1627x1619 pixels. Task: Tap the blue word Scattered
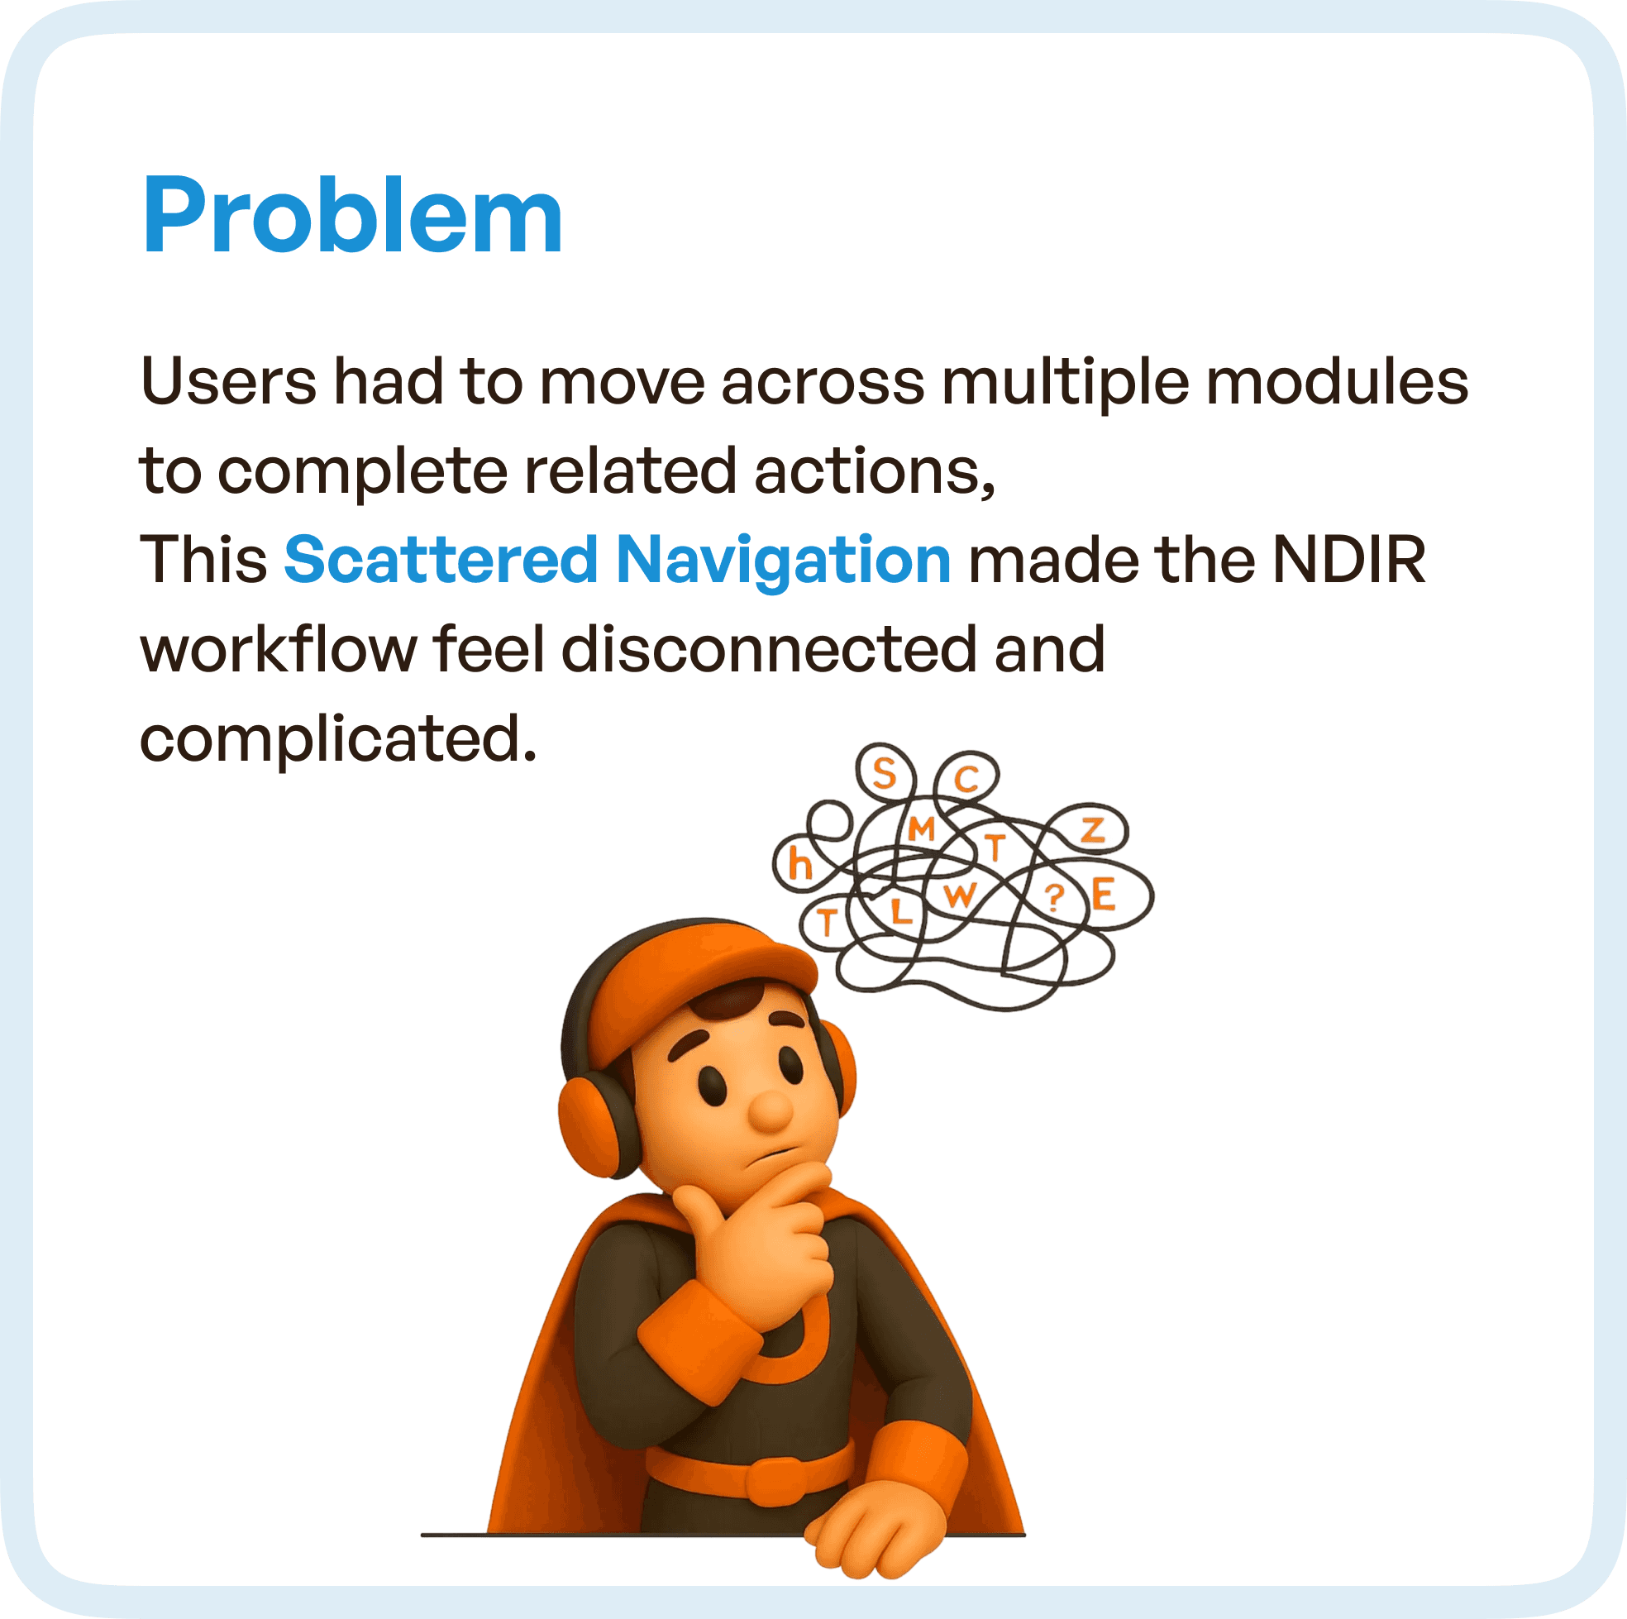click(441, 559)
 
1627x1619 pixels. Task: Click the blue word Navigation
click(783, 559)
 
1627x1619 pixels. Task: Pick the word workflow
click(278, 648)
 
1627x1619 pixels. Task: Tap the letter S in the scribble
click(884, 772)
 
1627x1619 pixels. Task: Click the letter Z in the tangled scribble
click(1092, 830)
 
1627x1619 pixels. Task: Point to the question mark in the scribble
click(1053, 898)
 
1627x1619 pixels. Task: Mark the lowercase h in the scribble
click(799, 864)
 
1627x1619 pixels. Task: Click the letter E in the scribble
click(1103, 895)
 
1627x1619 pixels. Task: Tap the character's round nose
click(770, 1110)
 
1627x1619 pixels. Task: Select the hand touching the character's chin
click(758, 1239)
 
